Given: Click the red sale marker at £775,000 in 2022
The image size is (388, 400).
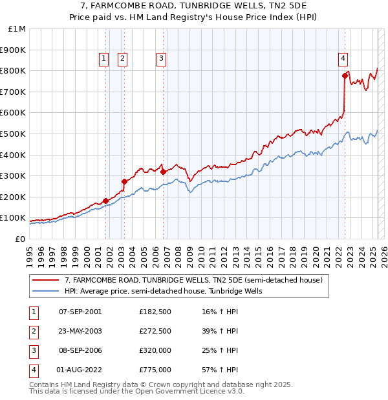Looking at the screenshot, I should [345, 75].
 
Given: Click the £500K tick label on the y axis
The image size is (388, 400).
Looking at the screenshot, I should [13, 134].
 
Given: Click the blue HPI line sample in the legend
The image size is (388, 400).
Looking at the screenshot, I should [45, 291].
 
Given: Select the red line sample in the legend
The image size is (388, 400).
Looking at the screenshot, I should [45, 280].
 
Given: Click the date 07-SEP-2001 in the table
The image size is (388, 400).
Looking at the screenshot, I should [80, 312].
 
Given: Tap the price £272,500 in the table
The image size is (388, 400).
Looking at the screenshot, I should [155, 331].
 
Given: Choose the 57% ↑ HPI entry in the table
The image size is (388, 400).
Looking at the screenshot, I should [220, 370].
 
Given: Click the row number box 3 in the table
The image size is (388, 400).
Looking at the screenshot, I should [33, 350].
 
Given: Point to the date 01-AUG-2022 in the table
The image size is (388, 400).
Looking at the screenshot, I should [80, 370].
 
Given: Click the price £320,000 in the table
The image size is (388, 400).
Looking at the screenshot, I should [155, 350].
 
